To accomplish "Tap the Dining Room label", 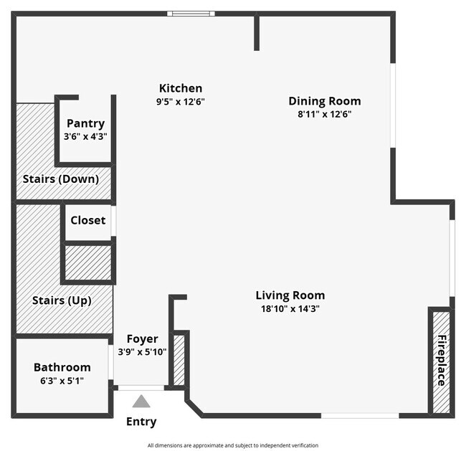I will pyautogui.click(x=325, y=101).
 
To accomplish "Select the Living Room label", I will pyautogui.click(x=290, y=295).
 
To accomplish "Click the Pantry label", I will pyautogui.click(x=85, y=123).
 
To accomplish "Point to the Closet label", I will pyautogui.click(x=87, y=220).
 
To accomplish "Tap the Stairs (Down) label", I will pyautogui.click(x=61, y=179).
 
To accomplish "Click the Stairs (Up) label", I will pyautogui.click(x=62, y=300).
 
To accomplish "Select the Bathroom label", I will pyautogui.click(x=62, y=367).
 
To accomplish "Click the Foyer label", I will pyautogui.click(x=142, y=339).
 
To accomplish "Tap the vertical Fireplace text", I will pyautogui.click(x=442, y=361).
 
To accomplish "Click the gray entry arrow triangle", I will pyautogui.click(x=141, y=402).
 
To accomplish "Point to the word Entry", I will pyautogui.click(x=141, y=422).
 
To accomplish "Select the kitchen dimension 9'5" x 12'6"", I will pyautogui.click(x=181, y=102).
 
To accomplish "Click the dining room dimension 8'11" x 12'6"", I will pyautogui.click(x=325, y=114).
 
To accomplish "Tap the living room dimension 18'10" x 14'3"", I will pyautogui.click(x=290, y=308).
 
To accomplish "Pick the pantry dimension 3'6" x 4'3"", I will pyautogui.click(x=85, y=136).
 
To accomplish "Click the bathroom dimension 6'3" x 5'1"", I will pyautogui.click(x=62, y=380).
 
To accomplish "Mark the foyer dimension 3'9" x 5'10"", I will pyautogui.click(x=142, y=351).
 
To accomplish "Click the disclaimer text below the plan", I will pyautogui.click(x=233, y=445).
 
